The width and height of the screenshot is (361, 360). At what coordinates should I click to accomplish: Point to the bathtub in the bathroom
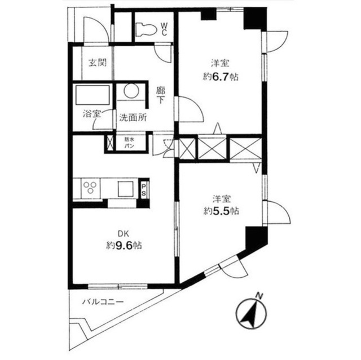click(x=92, y=95)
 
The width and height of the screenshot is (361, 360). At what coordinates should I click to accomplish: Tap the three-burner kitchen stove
click(x=90, y=188)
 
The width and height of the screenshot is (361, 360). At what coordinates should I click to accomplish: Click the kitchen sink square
click(x=125, y=188)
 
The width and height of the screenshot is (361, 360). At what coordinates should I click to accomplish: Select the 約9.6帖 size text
click(x=124, y=246)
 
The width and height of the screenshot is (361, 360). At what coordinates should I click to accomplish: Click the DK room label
click(x=124, y=232)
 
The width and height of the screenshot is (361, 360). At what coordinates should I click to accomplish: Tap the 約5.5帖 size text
click(x=221, y=212)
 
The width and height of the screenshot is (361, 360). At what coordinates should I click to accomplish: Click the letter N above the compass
click(x=258, y=295)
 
